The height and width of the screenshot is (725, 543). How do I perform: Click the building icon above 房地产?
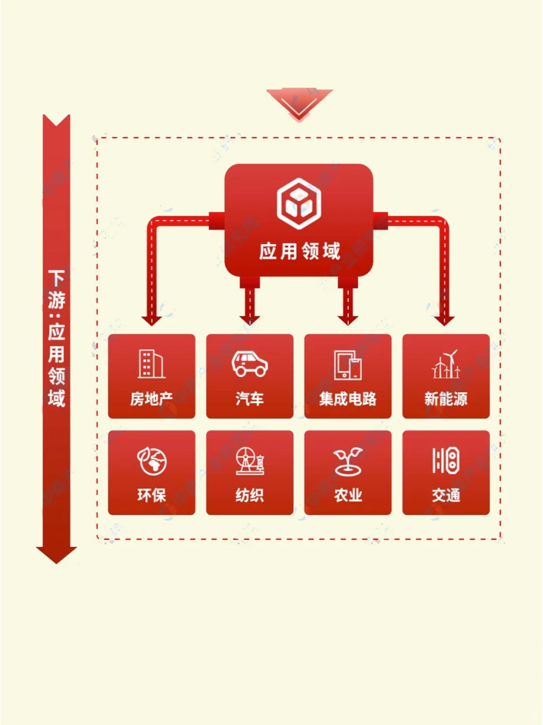[151, 364]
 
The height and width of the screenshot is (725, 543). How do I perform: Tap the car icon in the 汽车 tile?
[249, 364]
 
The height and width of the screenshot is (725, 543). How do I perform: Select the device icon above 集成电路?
[348, 365]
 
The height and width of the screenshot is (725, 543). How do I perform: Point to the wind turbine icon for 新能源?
[446, 364]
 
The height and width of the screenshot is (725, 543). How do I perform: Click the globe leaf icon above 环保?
[152, 461]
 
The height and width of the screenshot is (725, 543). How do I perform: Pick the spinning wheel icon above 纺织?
[250, 461]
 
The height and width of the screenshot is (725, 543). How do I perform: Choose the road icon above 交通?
[446, 460]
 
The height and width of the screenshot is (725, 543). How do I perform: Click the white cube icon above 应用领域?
[299, 203]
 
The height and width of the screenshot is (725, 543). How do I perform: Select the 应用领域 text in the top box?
[300, 251]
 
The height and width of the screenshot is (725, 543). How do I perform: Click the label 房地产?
[151, 399]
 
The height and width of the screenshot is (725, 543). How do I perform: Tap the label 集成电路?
[348, 399]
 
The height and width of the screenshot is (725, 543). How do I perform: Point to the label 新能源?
[446, 399]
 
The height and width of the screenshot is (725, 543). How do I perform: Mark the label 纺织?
[250, 495]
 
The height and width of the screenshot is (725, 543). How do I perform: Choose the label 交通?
[446, 495]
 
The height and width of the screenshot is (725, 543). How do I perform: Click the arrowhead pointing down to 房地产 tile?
[151, 321]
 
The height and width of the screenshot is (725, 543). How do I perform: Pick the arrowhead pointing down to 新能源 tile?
[444, 321]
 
